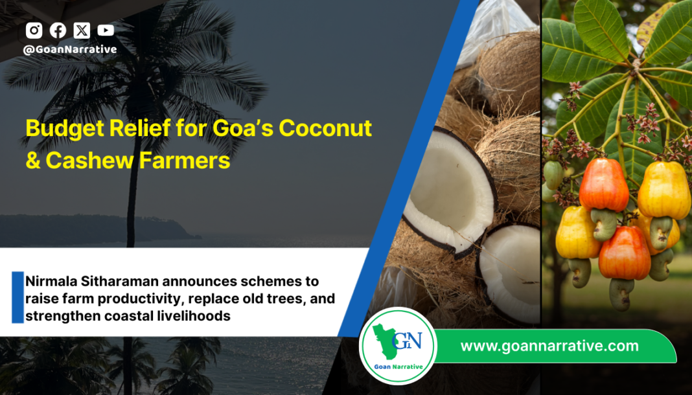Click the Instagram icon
point(34,30)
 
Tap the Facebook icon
point(58,30)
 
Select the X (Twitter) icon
point(82,30)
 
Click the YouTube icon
point(106,30)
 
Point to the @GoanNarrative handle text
point(70,49)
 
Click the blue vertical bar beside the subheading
point(17,297)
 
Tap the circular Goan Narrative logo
point(398,346)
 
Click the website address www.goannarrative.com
point(549,346)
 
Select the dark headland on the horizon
point(97,228)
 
